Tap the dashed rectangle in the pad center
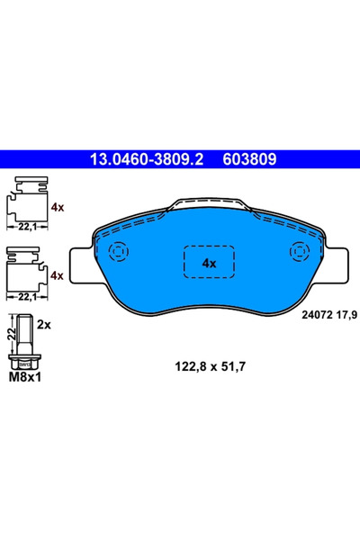(210, 263)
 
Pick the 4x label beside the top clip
(58, 206)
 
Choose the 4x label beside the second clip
(58, 275)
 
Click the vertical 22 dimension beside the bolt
(10, 334)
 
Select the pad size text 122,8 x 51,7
(208, 366)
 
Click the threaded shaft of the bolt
(25, 333)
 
